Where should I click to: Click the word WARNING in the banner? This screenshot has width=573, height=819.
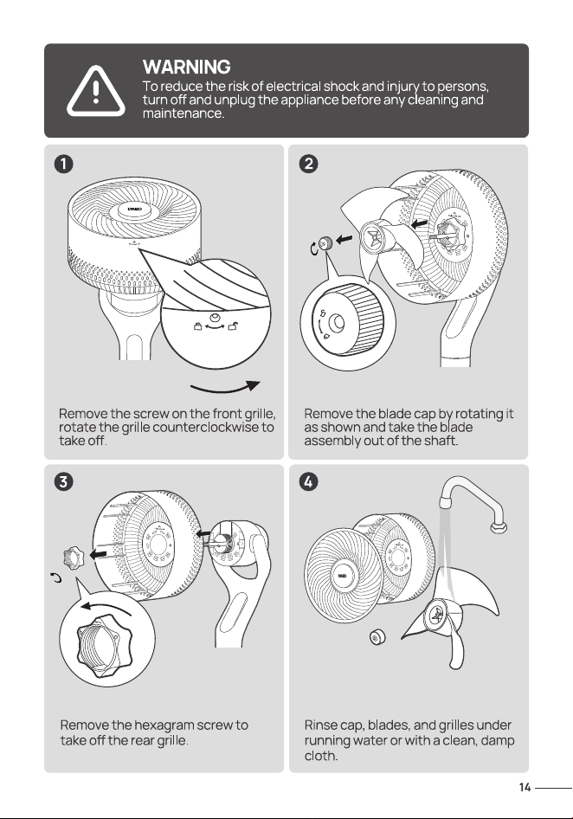coord(186,67)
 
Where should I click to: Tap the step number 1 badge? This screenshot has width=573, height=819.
coord(63,164)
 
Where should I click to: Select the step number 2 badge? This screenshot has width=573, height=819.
coord(309,164)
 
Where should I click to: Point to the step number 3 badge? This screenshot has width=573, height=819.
coord(63,481)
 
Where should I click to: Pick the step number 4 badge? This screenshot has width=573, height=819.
coord(309,481)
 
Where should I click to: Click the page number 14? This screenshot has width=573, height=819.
coord(525,787)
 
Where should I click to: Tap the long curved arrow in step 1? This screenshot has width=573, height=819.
coord(224,390)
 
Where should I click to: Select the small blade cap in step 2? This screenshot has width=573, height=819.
coord(327,242)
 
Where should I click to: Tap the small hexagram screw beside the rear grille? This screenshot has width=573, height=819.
coord(73,558)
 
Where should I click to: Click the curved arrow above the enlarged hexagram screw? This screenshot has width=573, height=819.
coord(105,606)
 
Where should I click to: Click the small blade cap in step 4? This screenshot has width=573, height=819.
coord(376,637)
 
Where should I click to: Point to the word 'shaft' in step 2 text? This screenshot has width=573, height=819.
coord(440,441)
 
